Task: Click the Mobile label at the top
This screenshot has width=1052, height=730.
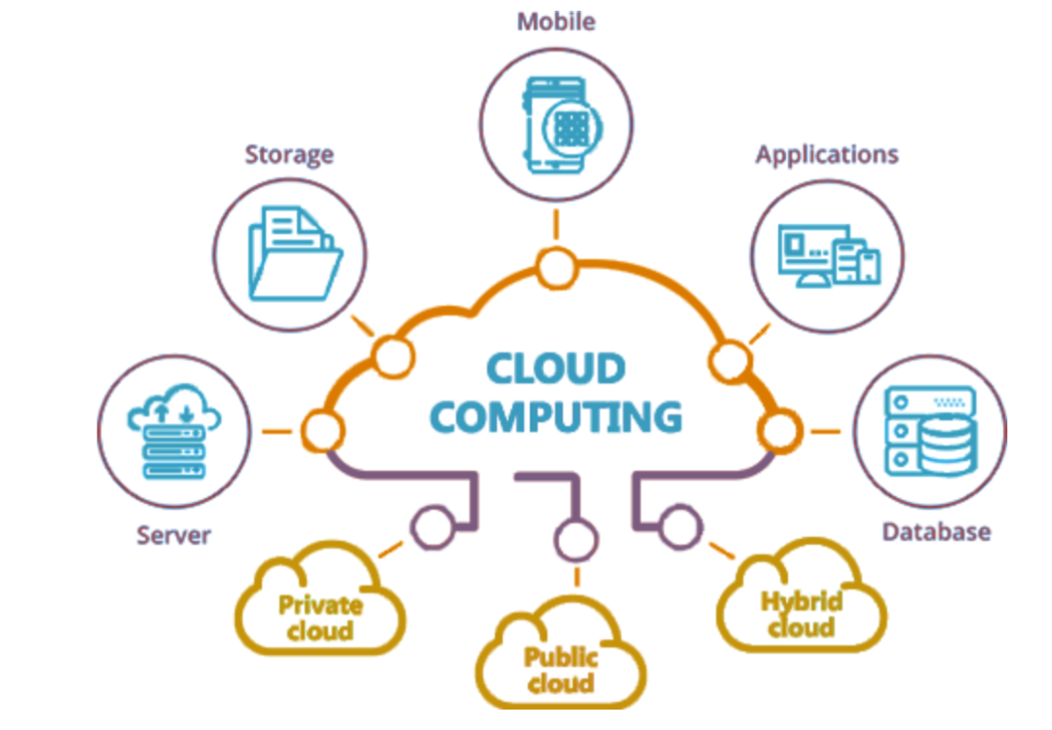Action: click(556, 20)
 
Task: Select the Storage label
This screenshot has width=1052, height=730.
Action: click(289, 154)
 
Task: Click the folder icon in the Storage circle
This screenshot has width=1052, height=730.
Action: click(293, 254)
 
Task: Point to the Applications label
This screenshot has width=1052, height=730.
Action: click(827, 154)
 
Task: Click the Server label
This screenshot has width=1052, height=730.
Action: click(173, 534)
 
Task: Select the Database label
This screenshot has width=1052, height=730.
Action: click(936, 531)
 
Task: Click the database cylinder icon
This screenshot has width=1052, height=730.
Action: click(945, 444)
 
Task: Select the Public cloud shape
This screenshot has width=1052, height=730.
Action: click(560, 667)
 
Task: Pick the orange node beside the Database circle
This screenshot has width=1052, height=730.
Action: click(780, 429)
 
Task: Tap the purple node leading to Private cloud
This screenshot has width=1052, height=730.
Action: click(430, 527)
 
